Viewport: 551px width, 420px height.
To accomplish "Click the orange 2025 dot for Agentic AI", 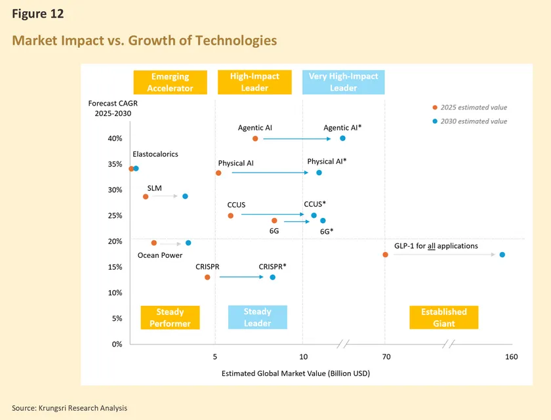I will (x=255, y=138).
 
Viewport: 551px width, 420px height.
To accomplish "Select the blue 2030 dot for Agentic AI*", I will (x=342, y=138).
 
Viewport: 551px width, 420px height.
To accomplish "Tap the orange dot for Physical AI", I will (x=218, y=173).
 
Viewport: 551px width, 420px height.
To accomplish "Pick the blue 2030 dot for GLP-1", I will (x=502, y=255).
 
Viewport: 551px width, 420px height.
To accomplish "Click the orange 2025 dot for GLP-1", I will (x=385, y=255).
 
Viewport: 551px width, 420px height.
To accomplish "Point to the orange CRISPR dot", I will (x=207, y=277).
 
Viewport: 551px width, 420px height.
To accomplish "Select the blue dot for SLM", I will (x=185, y=196).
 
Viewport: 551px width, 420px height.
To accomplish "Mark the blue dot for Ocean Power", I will (x=188, y=243).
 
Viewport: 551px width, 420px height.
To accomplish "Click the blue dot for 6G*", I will (x=323, y=220).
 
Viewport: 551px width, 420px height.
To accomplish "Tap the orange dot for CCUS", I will (x=230, y=215).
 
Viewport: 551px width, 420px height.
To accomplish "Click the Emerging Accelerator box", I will (x=170, y=82).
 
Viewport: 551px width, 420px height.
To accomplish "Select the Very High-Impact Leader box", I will (x=343, y=82).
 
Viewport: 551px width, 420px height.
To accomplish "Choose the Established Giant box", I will (x=444, y=317).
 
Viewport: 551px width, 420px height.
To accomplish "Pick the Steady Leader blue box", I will (x=257, y=317).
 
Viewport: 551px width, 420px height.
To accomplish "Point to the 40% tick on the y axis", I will (x=115, y=138).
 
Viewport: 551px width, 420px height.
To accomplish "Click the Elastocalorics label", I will (x=155, y=154).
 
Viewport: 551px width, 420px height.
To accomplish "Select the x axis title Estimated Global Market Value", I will (x=296, y=373).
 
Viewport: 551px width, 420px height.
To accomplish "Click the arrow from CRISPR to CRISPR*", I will (x=242, y=277).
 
